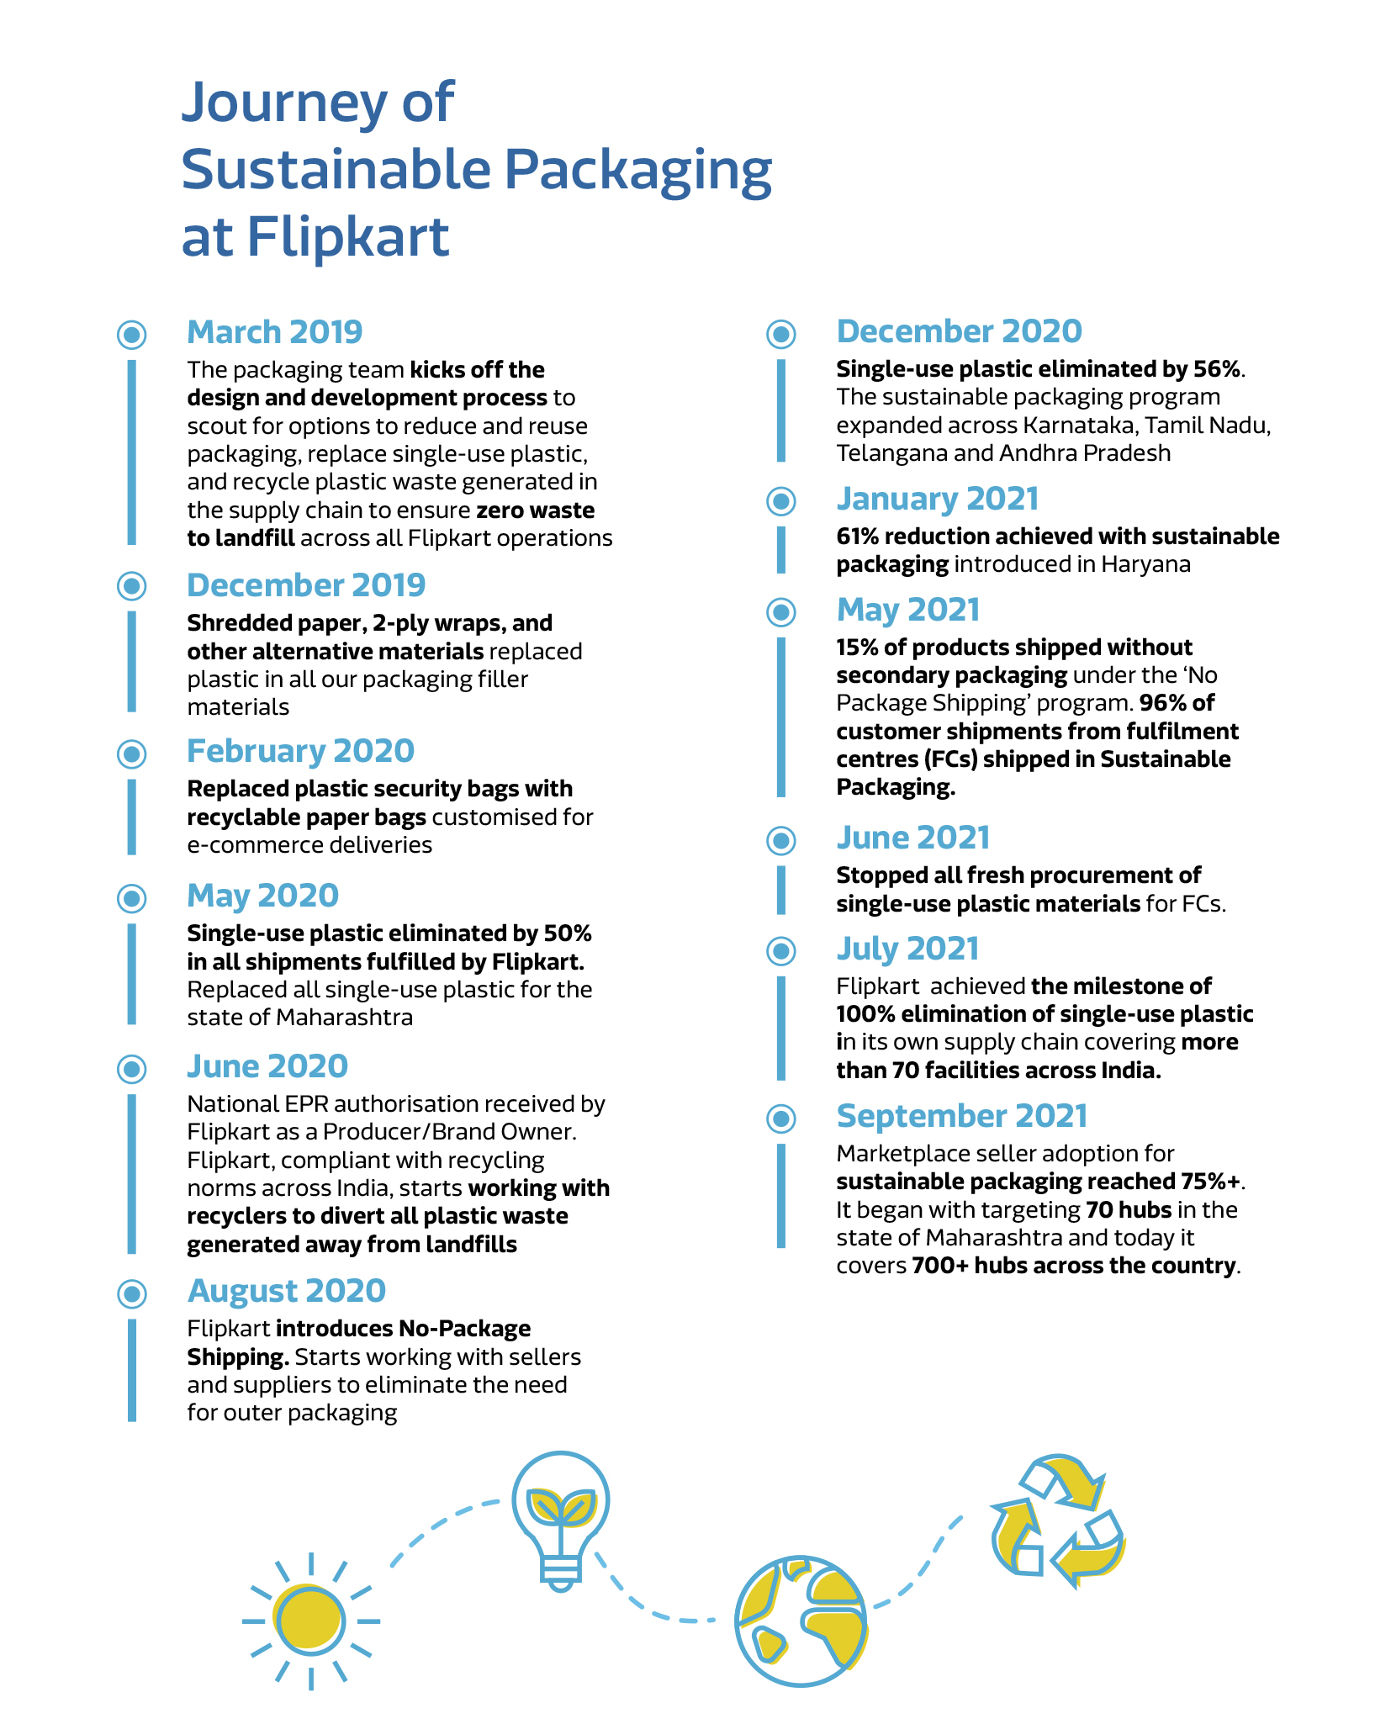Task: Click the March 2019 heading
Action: [x=274, y=332]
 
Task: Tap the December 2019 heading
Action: [x=306, y=585]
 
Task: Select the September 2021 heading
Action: [x=961, y=1116]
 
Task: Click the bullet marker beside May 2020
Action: [x=132, y=898]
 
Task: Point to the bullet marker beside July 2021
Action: [x=781, y=951]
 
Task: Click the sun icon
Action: [x=310, y=1620]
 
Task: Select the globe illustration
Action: [x=801, y=1620]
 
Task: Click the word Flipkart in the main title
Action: [x=348, y=237]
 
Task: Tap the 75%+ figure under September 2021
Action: [x=1210, y=1182]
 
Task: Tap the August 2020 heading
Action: [x=286, y=1291]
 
